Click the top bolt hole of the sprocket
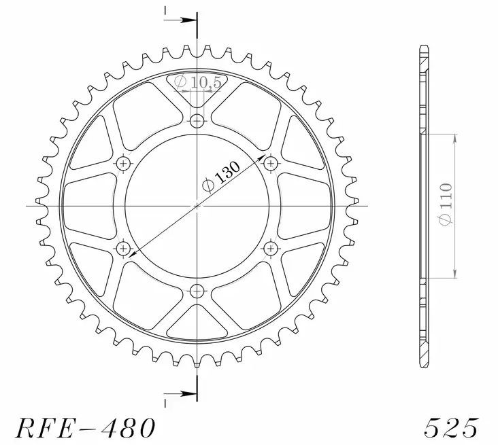point(197,122)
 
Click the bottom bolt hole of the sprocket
point(197,291)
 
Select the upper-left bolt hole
point(124,164)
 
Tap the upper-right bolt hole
point(271,164)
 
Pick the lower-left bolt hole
point(124,249)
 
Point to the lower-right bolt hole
point(271,249)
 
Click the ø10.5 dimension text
point(193,82)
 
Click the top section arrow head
point(192,21)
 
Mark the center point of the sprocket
point(197,206)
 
